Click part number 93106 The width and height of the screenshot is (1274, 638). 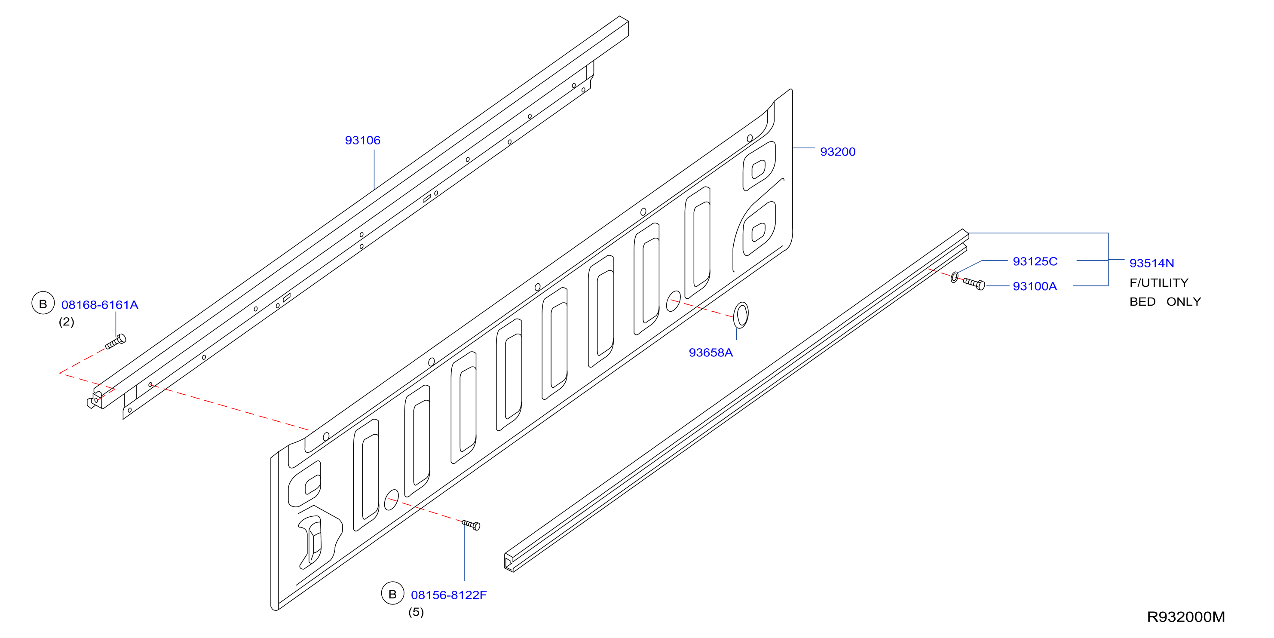362,141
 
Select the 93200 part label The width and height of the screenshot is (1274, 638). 838,152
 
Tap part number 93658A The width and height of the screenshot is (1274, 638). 710,353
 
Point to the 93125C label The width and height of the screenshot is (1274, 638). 1035,261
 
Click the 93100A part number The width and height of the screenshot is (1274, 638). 1035,286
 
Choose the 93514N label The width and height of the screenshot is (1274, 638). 1152,263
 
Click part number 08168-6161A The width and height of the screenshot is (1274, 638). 100,305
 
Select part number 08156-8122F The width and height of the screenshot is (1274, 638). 449,595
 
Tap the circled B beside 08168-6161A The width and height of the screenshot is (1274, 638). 43,303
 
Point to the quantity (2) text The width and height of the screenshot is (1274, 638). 66,322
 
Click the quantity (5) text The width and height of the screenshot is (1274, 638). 416,612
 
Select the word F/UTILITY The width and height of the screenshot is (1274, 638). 1159,283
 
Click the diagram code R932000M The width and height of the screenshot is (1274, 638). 1186,617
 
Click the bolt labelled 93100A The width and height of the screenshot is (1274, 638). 974,283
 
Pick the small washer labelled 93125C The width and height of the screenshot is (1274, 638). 955,277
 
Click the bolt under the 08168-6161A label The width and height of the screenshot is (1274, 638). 116,341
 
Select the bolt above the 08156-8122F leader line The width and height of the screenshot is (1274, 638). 471,525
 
